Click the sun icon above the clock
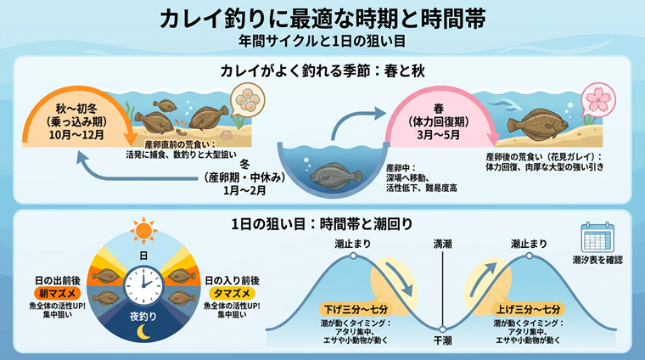pos(143,230)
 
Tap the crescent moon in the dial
pos(143,332)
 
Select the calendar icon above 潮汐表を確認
pos(597,238)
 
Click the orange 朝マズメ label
pos(57,293)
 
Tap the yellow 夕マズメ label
pos(232,293)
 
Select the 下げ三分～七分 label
pos(356,309)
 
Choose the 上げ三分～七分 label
pos(528,309)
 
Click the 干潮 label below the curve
pos(442,340)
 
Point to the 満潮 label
pos(442,244)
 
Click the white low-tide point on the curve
pos(442,329)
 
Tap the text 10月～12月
pos(76,134)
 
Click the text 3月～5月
pos(438,134)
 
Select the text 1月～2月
pos(244,190)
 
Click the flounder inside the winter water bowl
pos(335,176)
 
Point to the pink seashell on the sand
pos(226,135)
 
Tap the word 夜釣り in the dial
pos(143,317)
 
